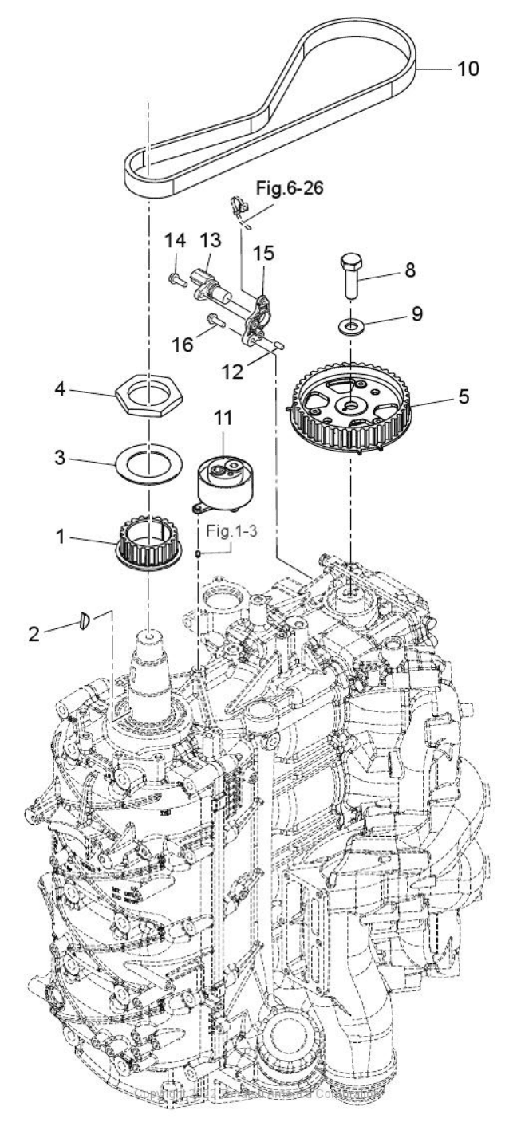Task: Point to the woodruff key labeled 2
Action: coord(85,620)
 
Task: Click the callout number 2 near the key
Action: coord(34,635)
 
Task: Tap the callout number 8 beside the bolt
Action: coord(410,270)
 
